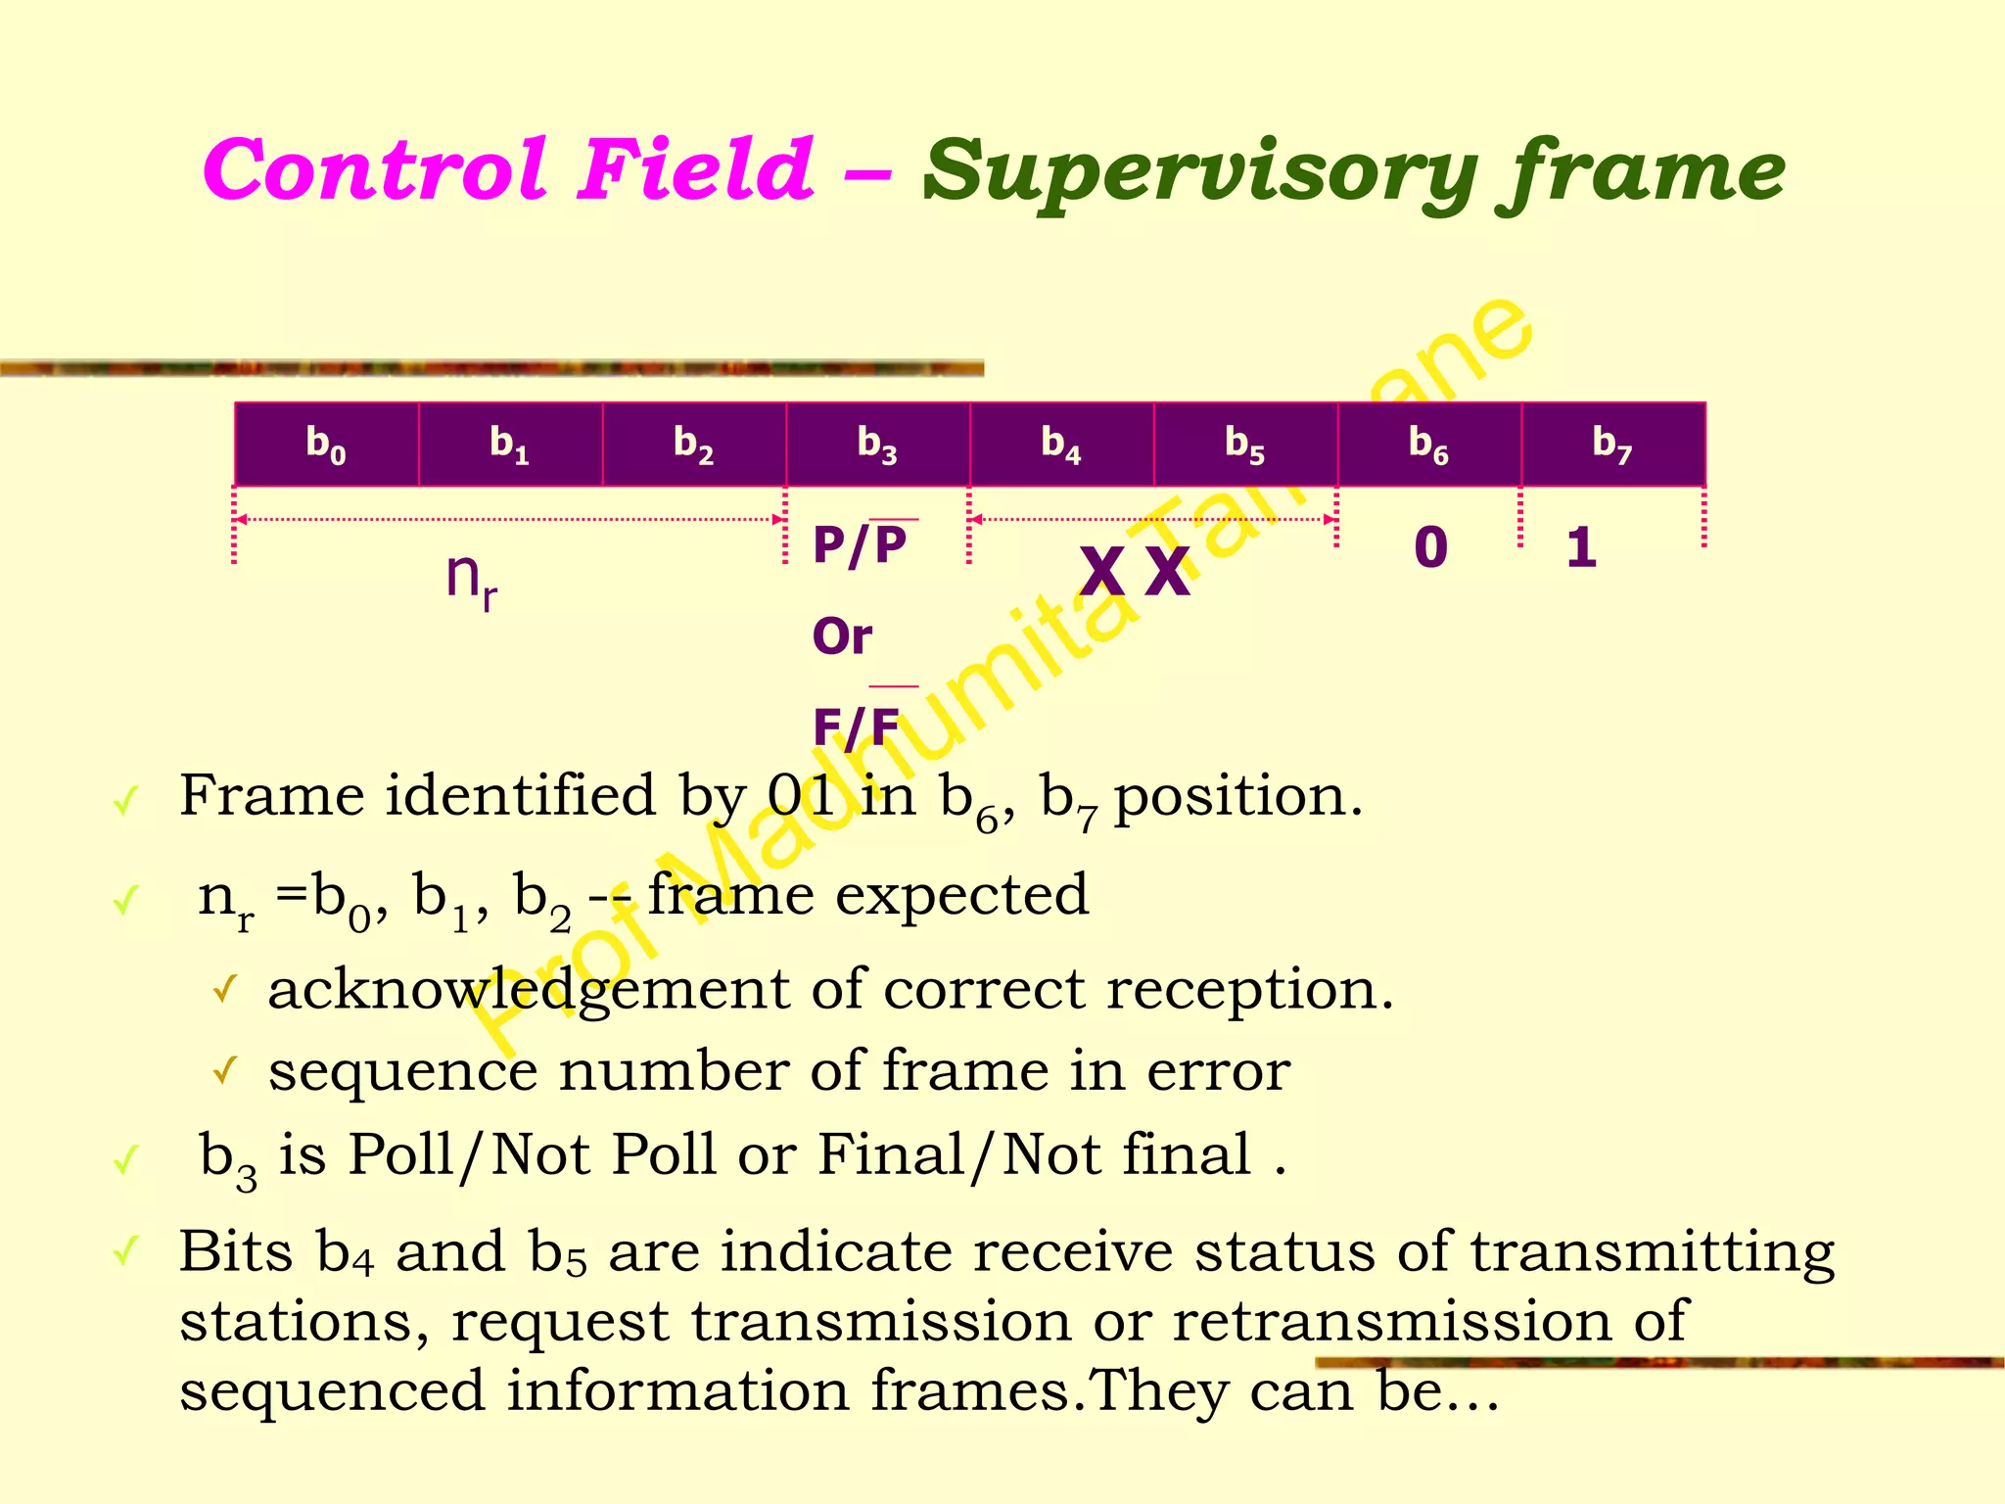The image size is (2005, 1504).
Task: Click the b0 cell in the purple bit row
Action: click(x=326, y=444)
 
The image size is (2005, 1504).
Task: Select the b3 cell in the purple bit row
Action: click(x=877, y=444)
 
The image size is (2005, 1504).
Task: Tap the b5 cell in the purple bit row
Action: click(x=1245, y=444)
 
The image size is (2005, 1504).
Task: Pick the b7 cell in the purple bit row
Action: click(x=1612, y=444)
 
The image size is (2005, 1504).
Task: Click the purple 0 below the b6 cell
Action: click(x=1430, y=546)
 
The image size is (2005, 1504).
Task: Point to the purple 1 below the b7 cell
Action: click(x=1581, y=547)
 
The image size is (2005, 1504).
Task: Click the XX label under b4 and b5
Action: click(x=1135, y=572)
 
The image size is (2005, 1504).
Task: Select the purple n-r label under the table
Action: click(x=471, y=578)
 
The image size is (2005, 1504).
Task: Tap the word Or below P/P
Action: click(x=842, y=637)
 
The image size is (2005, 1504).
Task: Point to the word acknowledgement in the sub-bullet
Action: click(x=529, y=991)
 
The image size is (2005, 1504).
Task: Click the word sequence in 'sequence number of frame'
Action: click(x=402, y=1071)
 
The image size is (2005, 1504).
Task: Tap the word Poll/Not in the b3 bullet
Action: click(x=469, y=1155)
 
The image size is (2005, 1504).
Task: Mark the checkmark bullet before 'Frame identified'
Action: click(x=124, y=803)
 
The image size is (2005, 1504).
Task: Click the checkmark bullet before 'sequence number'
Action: click(x=224, y=1071)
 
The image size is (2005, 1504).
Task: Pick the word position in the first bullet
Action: click(x=1237, y=797)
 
